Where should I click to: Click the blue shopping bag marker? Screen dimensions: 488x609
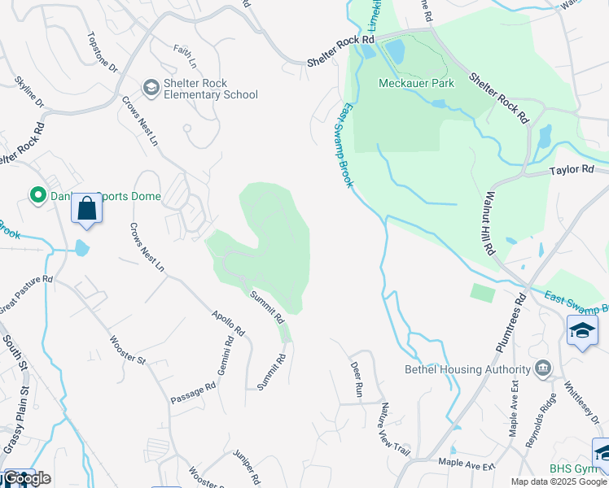[86, 209]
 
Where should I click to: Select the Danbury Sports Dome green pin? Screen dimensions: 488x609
[37, 195]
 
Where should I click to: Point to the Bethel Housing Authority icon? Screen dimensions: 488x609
[541, 369]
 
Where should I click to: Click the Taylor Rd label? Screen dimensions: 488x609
[572, 170]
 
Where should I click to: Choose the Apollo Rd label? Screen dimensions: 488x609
[228, 323]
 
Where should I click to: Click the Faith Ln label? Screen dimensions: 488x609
[185, 55]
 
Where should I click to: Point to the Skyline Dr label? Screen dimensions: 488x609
[29, 92]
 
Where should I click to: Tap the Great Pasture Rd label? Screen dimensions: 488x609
[26, 290]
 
